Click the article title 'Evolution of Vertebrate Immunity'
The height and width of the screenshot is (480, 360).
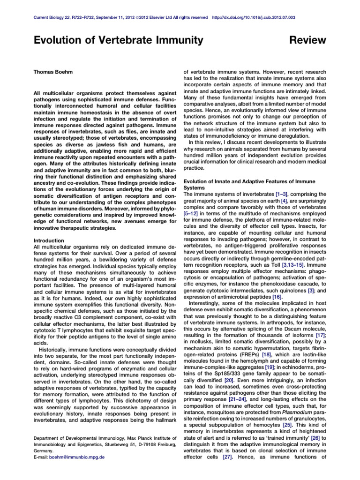pos(119,41)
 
